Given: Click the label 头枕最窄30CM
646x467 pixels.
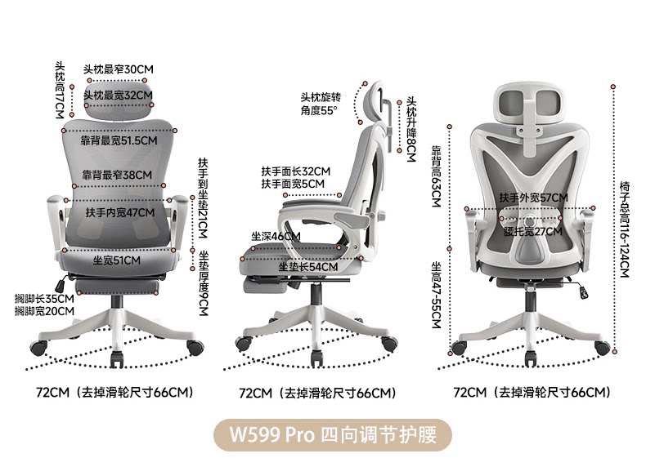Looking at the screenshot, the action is pos(118,69).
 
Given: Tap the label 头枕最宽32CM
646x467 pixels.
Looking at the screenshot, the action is pos(118,95).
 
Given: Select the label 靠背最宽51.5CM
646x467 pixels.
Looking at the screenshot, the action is pos(119,140).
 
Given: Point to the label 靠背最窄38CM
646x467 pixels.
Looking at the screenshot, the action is pos(116,175).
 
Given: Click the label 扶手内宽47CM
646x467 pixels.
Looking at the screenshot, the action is pos(119,212).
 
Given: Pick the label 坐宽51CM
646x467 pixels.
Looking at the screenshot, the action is pos(116,260).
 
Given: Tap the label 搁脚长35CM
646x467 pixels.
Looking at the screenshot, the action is pos(45,299).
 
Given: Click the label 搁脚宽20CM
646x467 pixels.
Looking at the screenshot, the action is pos(45,311).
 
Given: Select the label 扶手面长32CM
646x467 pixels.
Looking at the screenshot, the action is pos(295,171).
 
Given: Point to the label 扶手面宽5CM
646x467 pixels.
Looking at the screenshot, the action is pos(293,185).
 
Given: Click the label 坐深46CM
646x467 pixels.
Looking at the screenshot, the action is pos(275,237).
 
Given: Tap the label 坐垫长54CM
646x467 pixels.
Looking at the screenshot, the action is pos(307,267).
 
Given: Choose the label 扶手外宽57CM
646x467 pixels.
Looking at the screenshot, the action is pos(533,198).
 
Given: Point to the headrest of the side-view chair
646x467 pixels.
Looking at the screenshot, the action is pos(378,102).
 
